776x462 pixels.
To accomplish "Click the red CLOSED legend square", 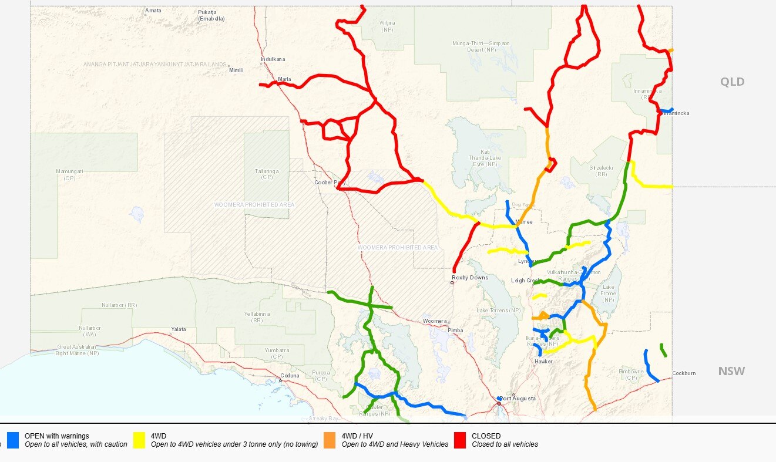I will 461,440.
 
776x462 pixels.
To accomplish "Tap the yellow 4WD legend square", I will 140,440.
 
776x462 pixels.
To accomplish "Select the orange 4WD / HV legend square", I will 330,440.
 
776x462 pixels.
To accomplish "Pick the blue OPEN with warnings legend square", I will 14,440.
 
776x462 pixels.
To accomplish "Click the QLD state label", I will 732,82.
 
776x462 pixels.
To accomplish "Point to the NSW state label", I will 731,371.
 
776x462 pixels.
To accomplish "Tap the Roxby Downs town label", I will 470,277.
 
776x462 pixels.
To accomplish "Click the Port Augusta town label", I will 518,399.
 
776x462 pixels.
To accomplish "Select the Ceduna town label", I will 290,376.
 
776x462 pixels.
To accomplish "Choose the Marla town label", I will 284,79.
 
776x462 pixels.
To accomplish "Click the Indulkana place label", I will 273,59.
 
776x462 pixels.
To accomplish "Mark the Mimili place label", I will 236,70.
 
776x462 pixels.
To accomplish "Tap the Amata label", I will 153,11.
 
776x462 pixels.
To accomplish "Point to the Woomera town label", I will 435,321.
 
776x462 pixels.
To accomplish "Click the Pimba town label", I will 455,331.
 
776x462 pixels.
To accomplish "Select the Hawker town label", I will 543,362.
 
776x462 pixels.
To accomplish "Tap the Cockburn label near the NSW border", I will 684,373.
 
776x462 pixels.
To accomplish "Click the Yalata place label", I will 178,329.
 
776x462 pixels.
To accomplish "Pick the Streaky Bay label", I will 325,419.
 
